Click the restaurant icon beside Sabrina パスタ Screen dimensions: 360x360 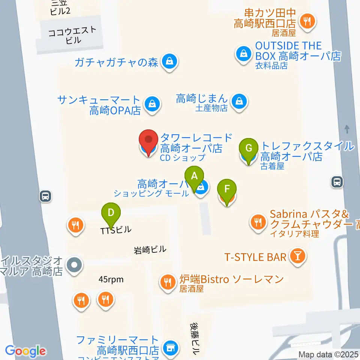(258, 221)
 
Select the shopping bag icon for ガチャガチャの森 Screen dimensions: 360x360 (169, 61)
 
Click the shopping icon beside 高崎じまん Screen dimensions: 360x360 (238, 101)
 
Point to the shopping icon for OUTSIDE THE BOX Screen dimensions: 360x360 (244, 54)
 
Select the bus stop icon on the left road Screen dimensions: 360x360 (45, 196)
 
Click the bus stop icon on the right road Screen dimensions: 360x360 (337, 182)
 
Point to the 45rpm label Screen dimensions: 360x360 (111, 279)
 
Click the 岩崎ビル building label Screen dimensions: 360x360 (150, 249)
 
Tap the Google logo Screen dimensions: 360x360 (25, 351)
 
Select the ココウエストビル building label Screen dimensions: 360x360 (73, 35)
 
